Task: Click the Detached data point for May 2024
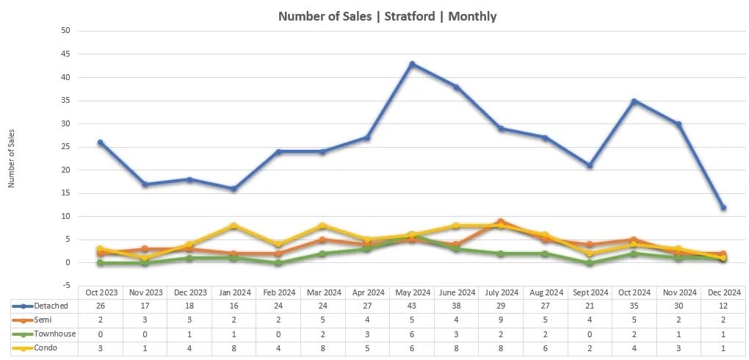coord(412,64)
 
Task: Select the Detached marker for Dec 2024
coord(723,208)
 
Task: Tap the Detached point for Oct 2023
coord(100,143)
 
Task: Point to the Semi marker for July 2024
coord(501,221)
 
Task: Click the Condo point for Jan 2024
coord(234,226)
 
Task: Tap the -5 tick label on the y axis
coord(65,286)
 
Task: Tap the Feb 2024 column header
coord(278,292)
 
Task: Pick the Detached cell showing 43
coord(412,305)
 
